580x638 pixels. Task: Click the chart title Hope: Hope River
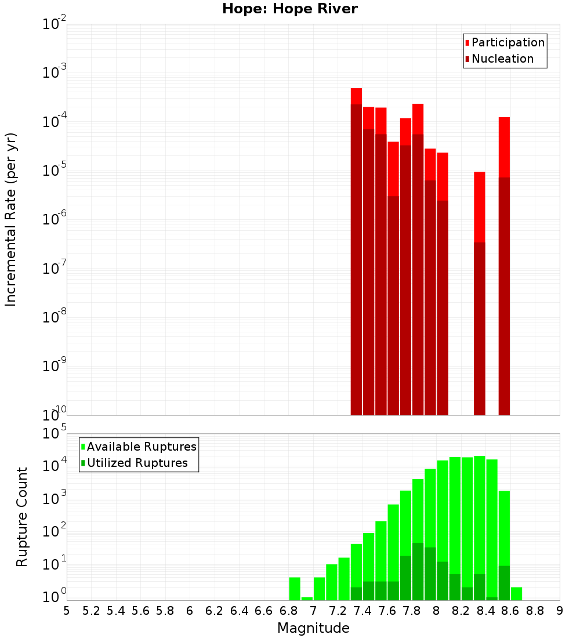(290, 9)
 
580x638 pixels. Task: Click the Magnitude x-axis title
(313, 628)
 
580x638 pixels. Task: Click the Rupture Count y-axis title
(22, 517)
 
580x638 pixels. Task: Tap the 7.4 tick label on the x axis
(362, 611)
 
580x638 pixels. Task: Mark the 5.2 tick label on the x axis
(91, 611)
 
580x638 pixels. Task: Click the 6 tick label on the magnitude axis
(190, 611)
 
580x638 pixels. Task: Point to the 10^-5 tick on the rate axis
(55, 171)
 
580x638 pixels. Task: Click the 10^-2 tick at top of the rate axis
(55, 24)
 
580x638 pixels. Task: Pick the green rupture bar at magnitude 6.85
(295, 589)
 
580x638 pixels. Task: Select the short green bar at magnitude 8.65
(516, 594)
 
